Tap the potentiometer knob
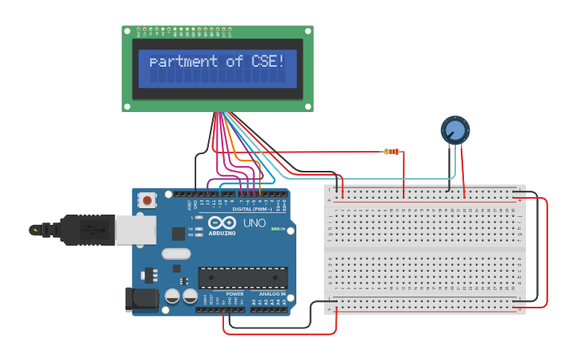pos(455,130)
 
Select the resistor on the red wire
pos(392,152)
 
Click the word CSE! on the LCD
pos(265,61)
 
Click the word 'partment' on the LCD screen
pos(184,61)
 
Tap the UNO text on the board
pos(254,223)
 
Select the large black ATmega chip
pos(242,277)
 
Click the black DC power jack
pos(140,300)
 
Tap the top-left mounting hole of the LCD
pos(127,31)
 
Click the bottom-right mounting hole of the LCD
pos(308,106)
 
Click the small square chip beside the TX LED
pos(179,234)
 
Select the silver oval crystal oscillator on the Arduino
pos(176,254)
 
